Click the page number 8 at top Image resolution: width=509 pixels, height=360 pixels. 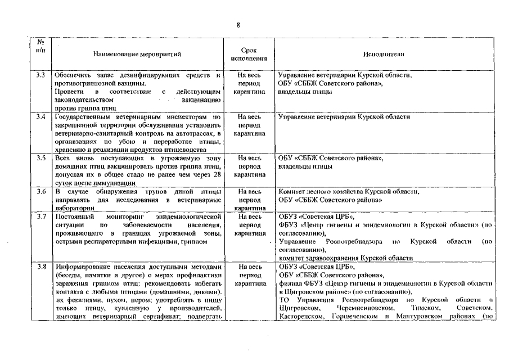point(238,25)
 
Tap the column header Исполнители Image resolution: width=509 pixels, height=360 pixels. point(384,54)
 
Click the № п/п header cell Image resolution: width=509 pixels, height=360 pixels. point(40,46)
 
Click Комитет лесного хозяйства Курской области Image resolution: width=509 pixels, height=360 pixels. point(349,192)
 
